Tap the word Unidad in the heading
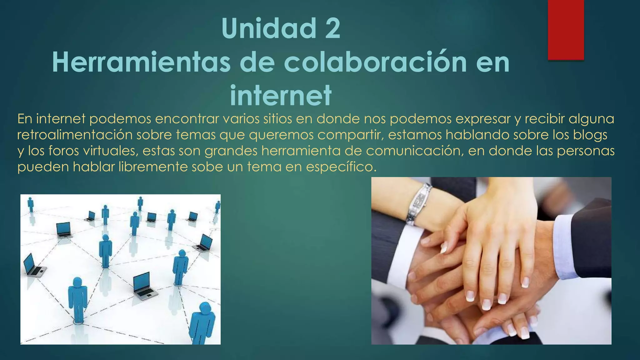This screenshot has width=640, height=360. pos(269,29)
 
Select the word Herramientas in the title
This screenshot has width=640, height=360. pos(141,62)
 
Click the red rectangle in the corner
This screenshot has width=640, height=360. pos(566,30)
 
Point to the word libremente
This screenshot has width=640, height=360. pos(153,167)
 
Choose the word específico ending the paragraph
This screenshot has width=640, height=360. pos(341,167)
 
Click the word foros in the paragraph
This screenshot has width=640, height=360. pos(64,151)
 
